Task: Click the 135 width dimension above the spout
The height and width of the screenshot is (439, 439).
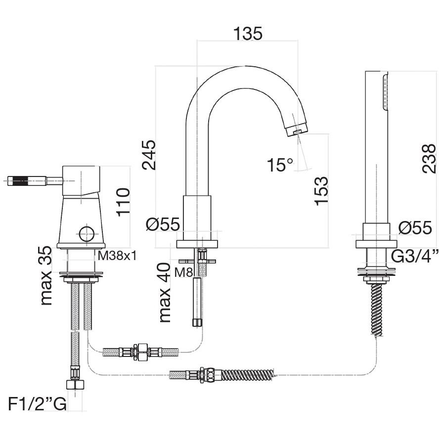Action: (248, 34)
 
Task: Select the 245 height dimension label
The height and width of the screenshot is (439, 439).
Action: (149, 155)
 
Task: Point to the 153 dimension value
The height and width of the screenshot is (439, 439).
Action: (321, 191)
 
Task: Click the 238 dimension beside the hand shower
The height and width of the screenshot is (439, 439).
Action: (429, 159)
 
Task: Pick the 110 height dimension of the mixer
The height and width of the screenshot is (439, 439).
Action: (123, 202)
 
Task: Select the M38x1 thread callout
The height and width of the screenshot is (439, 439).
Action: (117, 255)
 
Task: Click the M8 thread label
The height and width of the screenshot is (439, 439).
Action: (183, 272)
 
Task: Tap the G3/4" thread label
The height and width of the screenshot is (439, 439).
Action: (414, 256)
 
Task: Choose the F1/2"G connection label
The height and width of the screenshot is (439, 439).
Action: (37, 404)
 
